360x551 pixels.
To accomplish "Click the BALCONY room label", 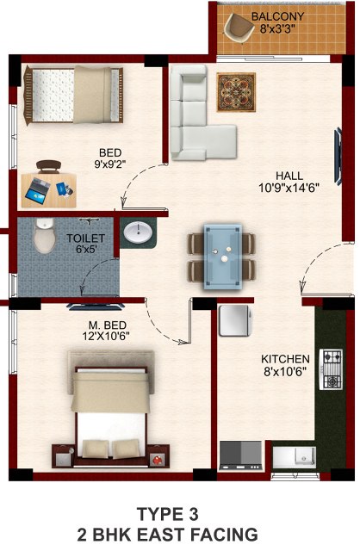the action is (x=277, y=16).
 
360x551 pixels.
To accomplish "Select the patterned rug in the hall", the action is (x=236, y=92).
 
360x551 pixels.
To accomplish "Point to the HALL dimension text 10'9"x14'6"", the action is (x=289, y=189).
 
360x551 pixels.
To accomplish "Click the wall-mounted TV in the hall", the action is (x=338, y=157).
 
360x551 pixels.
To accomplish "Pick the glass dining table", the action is (x=223, y=257).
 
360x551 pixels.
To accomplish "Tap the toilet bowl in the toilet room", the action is (x=45, y=235).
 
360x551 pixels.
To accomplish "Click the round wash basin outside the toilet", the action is (x=139, y=232).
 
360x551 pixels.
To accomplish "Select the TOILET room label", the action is (x=86, y=238).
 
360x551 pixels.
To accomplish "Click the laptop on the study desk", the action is (x=36, y=190).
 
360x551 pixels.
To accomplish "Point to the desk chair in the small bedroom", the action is (x=48, y=166).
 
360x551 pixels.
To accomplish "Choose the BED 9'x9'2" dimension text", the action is (x=110, y=164).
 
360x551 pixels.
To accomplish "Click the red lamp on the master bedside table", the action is (x=157, y=459).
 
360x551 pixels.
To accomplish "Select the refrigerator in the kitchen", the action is (x=235, y=321).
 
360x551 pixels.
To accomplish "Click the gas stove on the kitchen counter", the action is (x=331, y=369).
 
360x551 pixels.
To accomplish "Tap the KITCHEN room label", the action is (x=285, y=359).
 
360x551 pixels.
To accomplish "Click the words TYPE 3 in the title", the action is (x=168, y=515).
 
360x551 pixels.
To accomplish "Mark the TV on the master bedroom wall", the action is (x=96, y=306).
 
